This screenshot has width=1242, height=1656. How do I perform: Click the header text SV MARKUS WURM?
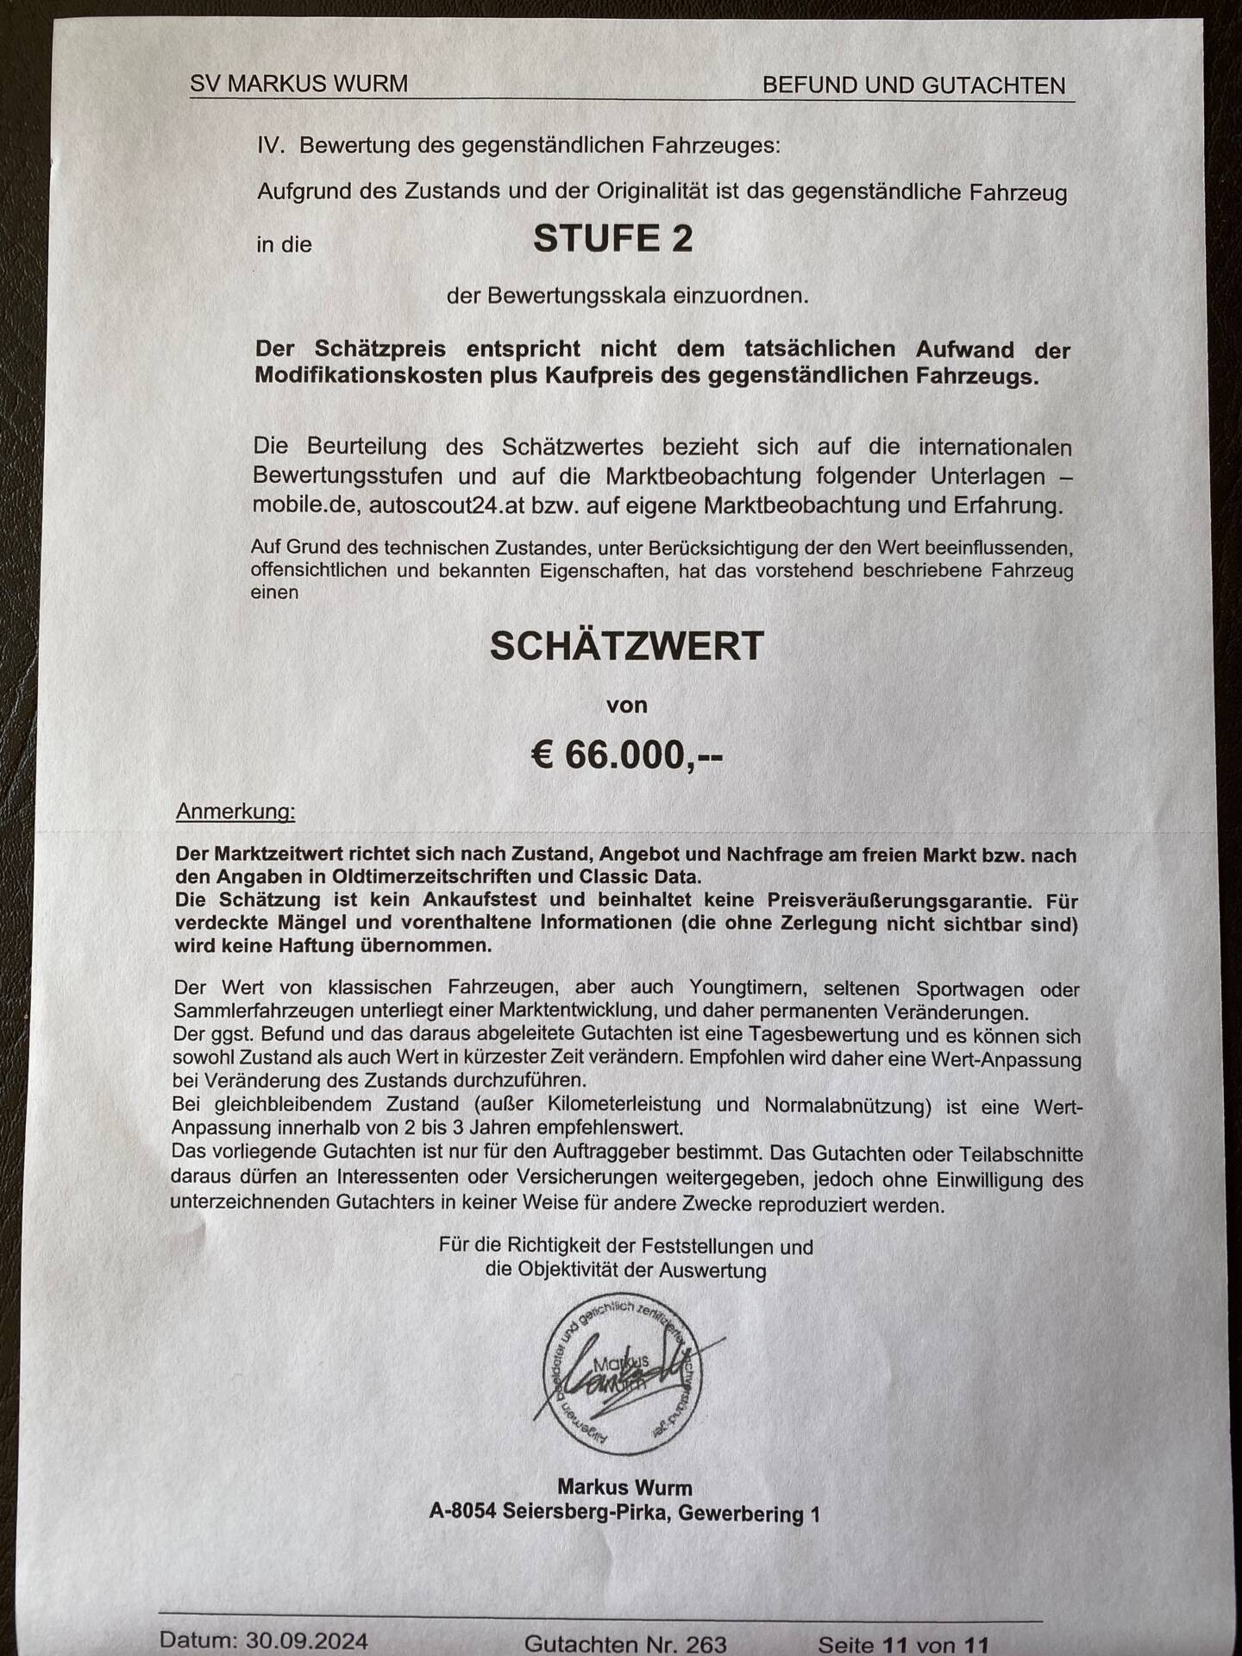[298, 84]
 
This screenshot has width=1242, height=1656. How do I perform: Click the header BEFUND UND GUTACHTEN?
[913, 85]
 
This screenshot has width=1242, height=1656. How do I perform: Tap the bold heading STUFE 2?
[612, 239]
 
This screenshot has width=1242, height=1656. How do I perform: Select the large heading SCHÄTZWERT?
[627, 646]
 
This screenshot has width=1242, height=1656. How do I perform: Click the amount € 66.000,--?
[626, 756]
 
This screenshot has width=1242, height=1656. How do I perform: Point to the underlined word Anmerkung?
[235, 811]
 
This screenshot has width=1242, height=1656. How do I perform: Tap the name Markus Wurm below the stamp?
[624, 1487]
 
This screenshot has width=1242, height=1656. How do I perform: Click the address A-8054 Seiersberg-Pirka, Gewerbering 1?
[624, 1513]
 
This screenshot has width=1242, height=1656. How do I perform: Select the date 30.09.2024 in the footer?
[306, 1640]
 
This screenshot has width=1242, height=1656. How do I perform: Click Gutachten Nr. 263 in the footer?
[625, 1644]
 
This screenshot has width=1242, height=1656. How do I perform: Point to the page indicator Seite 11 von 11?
[903, 1645]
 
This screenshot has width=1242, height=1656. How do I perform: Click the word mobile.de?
[304, 505]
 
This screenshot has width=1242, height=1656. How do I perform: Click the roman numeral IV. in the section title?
[271, 144]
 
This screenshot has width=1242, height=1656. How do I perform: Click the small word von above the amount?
[627, 706]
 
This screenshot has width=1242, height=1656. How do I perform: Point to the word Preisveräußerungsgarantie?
[899, 900]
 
